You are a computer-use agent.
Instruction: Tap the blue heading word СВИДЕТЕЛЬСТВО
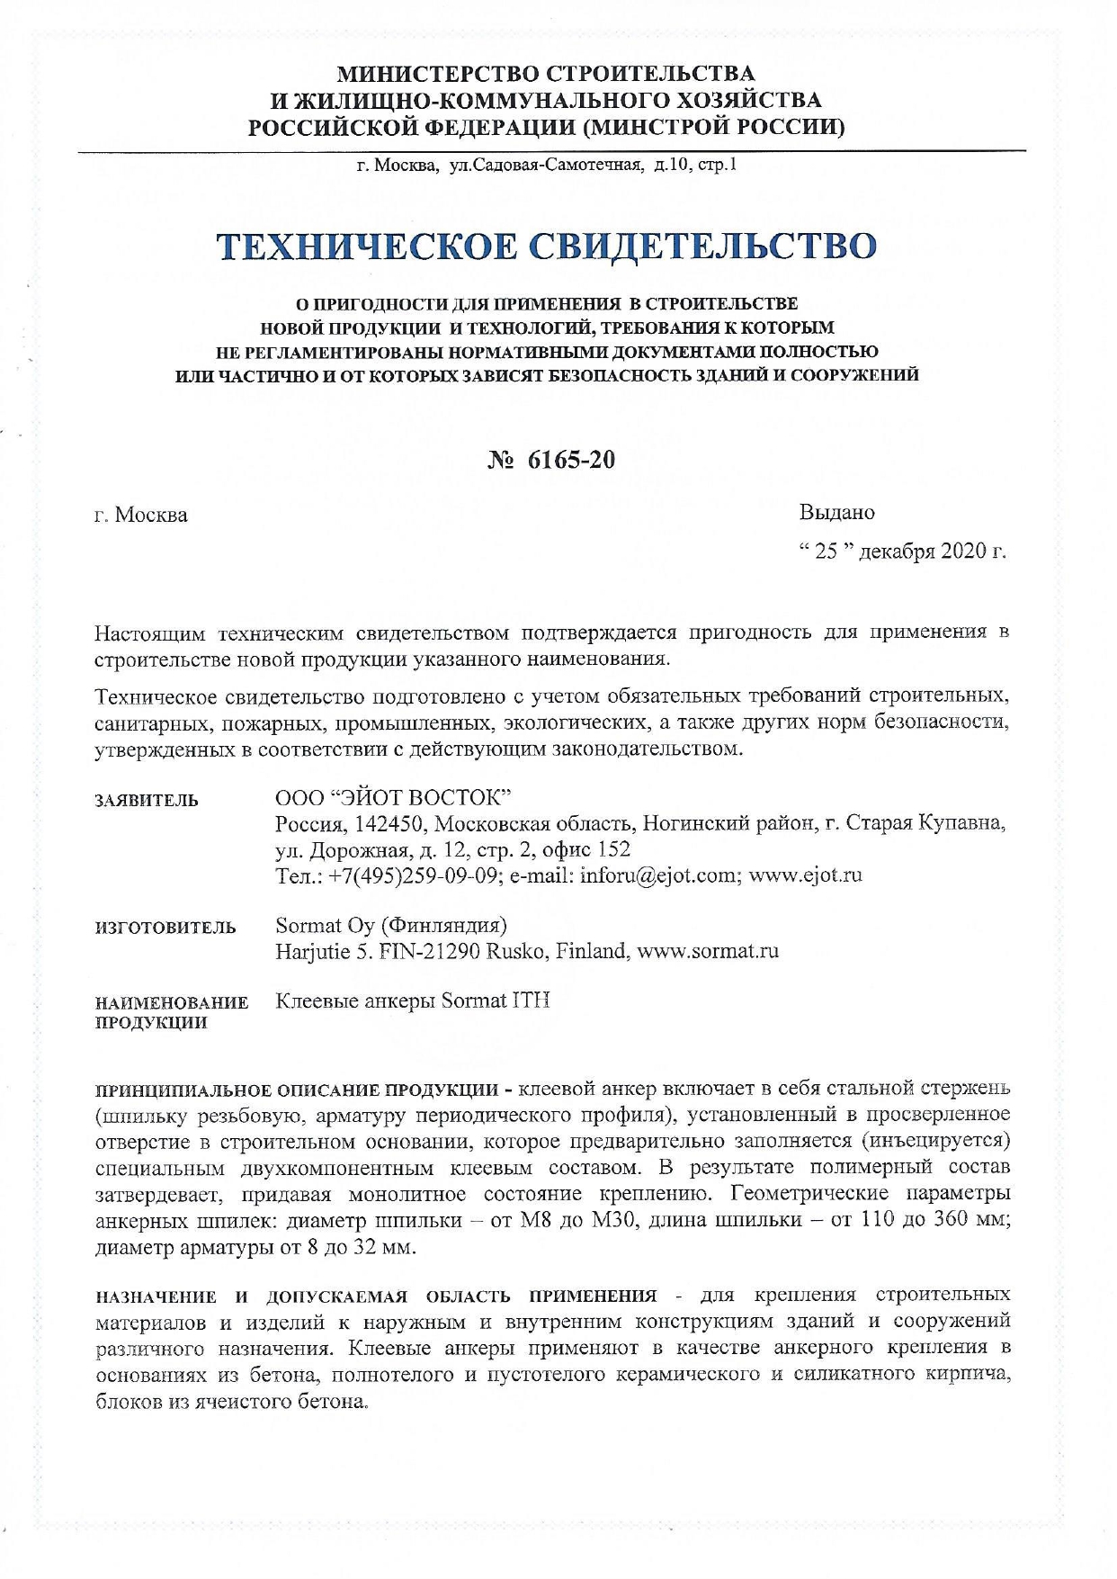coord(702,246)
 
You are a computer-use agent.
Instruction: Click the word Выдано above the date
coord(836,513)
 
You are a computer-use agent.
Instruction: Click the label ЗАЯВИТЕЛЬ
coord(147,801)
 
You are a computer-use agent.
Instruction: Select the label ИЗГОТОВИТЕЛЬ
coord(165,928)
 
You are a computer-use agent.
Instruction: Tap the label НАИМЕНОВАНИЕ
coord(172,1003)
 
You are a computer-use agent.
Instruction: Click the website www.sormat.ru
coord(708,951)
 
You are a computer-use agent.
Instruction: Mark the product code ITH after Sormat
coord(531,1001)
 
